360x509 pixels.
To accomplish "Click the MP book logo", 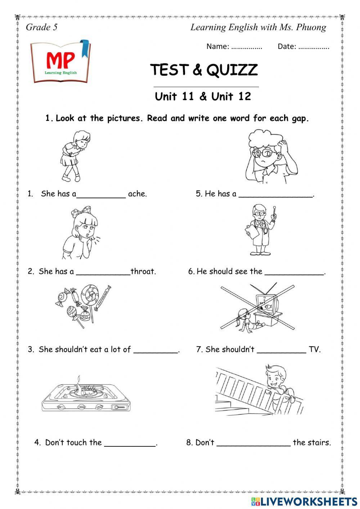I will (60, 62).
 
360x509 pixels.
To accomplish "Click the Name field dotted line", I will (247, 47).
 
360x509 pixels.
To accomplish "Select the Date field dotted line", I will (314, 47).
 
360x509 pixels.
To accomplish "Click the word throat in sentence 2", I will (143, 272).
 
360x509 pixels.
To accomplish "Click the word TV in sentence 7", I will (314, 349).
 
